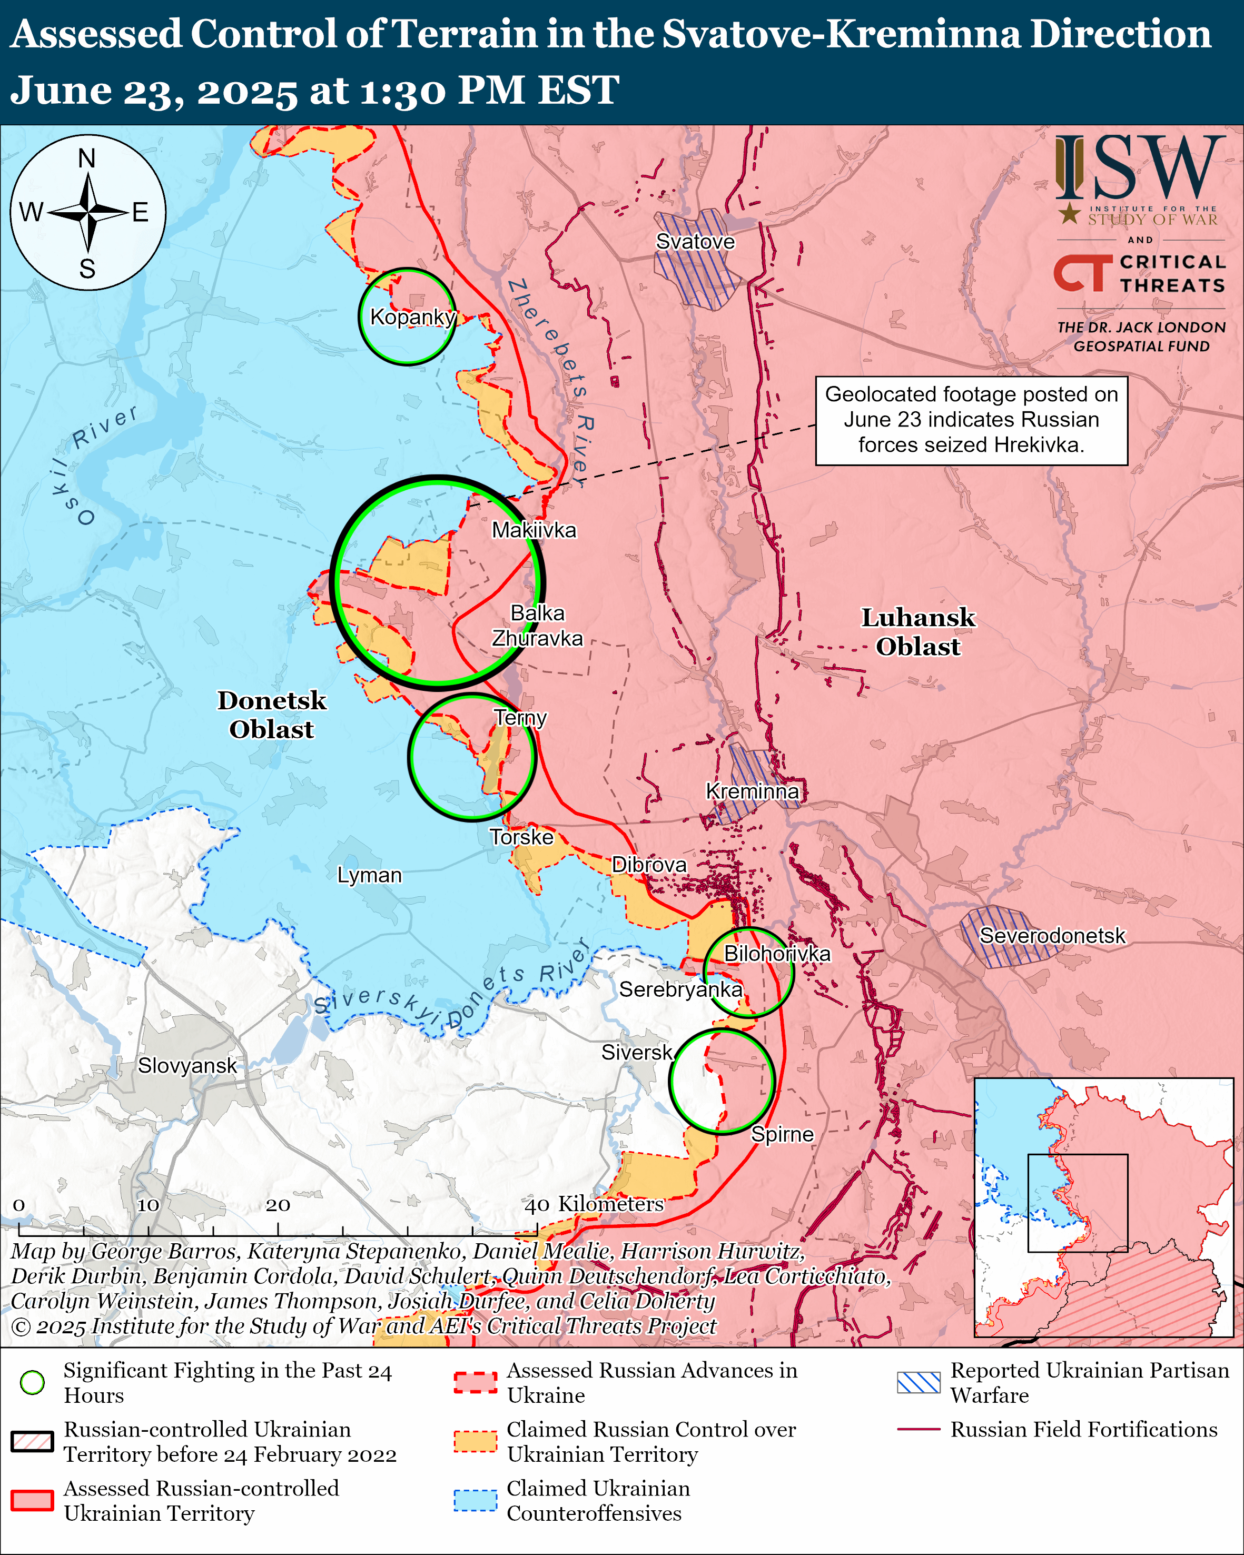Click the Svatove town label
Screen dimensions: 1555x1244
tap(695, 242)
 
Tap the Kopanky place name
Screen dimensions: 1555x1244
tap(412, 316)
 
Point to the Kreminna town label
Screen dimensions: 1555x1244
tap(752, 791)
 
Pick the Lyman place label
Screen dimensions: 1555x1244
tap(369, 875)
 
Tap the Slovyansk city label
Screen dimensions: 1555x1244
tap(187, 1065)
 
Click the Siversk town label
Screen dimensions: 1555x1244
tap(637, 1052)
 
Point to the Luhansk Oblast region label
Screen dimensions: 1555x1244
tap(917, 632)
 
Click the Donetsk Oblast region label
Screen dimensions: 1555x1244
tap(272, 715)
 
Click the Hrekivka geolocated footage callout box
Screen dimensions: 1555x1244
tap(971, 420)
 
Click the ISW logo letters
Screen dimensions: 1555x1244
tap(1139, 170)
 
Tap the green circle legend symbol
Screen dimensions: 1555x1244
tap(33, 1382)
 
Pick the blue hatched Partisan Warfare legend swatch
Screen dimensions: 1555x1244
tap(918, 1382)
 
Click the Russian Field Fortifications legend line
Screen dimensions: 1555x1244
tap(918, 1429)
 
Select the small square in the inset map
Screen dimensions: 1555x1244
tap(1078, 1202)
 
